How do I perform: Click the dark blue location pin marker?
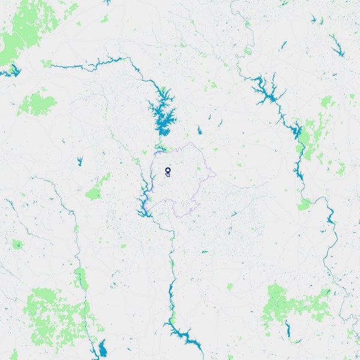(167, 172)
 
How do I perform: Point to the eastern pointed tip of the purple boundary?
(215, 175)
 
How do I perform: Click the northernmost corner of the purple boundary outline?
(190, 143)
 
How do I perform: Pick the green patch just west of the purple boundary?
(95, 193)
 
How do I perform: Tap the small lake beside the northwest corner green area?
(12, 71)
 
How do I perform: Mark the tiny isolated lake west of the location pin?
(79, 161)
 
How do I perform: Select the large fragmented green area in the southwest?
(54, 315)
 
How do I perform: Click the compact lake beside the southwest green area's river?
(103, 349)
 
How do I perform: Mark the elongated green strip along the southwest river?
(80, 278)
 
